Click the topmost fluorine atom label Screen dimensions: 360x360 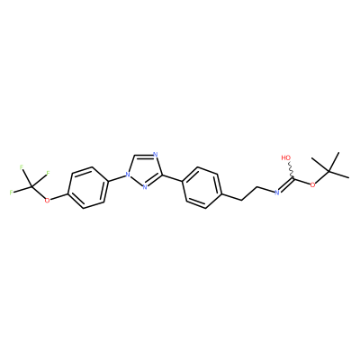point(22,167)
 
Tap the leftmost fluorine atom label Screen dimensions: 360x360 point(11,193)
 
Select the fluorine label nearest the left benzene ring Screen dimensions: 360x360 point(48,173)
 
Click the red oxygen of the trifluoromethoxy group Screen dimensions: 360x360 point(47,200)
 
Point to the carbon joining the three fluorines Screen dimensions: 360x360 point(31,187)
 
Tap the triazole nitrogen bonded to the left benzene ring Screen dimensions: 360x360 point(129,174)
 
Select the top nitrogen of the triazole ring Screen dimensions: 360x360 point(155,155)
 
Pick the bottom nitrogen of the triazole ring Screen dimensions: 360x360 point(145,188)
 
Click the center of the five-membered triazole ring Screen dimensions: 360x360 point(145,172)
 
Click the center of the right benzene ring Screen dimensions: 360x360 point(202,187)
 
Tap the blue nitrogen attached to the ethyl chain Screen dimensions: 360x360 point(276,193)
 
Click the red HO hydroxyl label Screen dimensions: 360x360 point(286,157)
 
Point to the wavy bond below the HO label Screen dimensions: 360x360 point(291,170)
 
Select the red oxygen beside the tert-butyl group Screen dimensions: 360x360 point(313,184)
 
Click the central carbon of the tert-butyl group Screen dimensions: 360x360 point(328,172)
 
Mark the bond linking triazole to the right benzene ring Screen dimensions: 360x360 point(172,177)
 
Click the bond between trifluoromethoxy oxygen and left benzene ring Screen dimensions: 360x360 point(59,196)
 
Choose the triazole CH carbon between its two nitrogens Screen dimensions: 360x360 point(134,156)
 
